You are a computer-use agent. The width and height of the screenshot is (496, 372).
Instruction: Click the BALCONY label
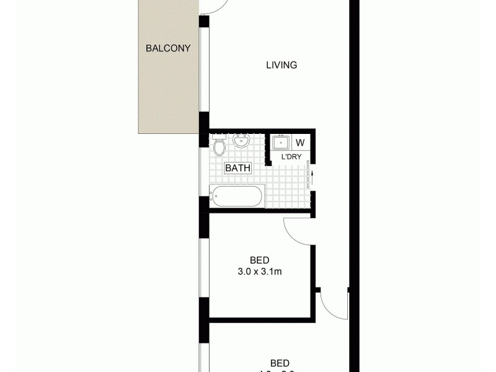tap(167, 48)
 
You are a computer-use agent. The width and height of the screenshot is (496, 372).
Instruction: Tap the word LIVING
tap(281, 64)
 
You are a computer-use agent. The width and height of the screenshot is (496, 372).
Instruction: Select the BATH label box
tap(237, 168)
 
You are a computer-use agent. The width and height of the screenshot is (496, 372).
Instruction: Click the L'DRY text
tap(291, 157)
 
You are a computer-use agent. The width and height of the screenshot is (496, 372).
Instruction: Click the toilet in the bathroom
tap(219, 147)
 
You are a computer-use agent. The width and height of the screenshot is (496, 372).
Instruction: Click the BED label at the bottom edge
tap(280, 363)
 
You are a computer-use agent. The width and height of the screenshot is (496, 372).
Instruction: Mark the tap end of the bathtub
tap(213, 197)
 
